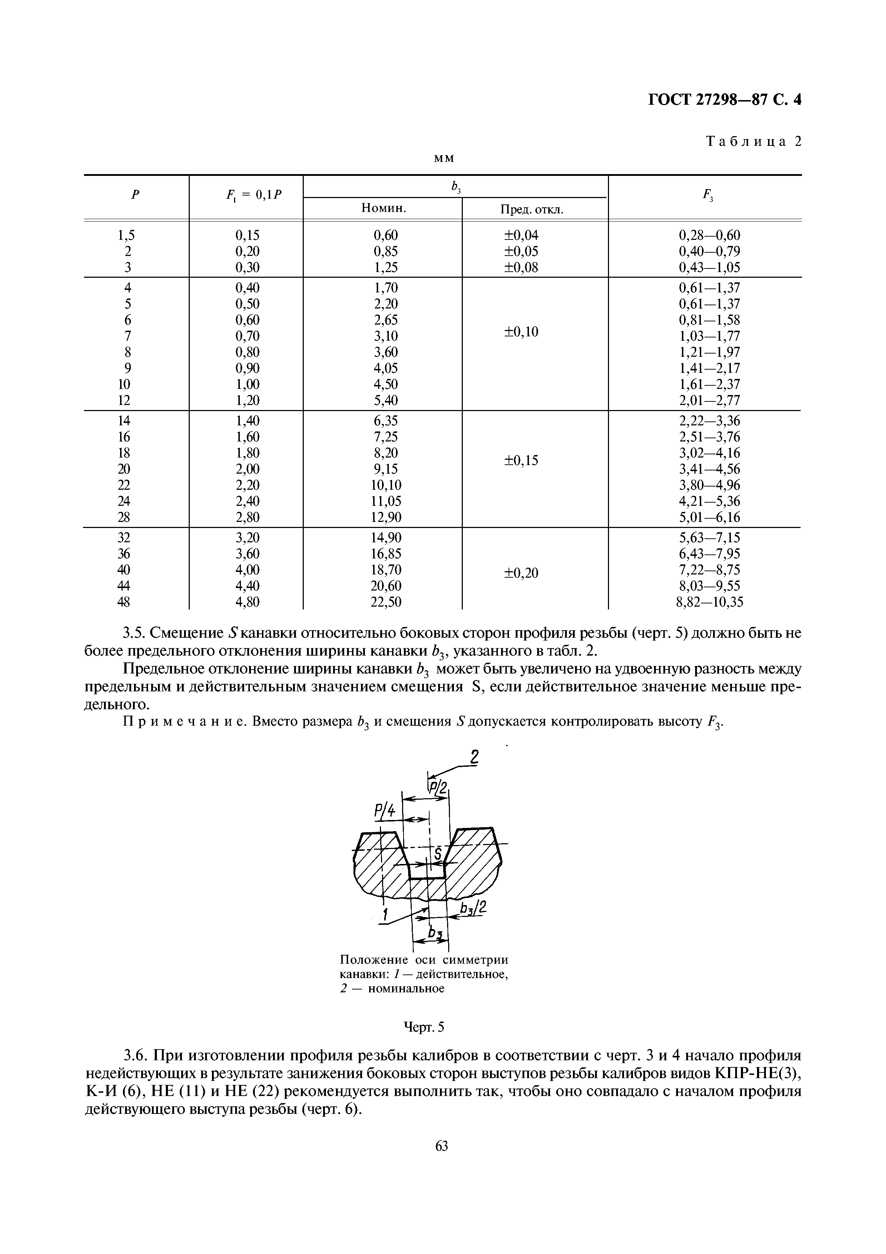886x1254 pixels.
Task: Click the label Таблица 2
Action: [753, 142]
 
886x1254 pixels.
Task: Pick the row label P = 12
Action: [124, 400]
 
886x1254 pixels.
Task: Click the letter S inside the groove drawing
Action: [437, 852]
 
